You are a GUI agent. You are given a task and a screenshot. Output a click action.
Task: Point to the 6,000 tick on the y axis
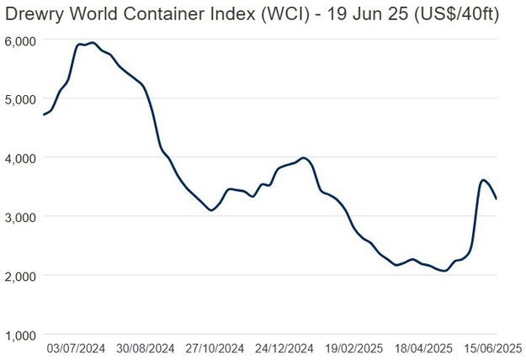[19, 40]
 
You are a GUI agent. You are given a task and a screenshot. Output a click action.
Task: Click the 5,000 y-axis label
[19, 98]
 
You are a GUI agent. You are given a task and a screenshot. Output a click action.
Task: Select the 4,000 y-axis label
[19, 157]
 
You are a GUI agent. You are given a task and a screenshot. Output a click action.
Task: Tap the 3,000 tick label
[19, 216]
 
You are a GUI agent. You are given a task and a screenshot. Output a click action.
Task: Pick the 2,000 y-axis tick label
[19, 275]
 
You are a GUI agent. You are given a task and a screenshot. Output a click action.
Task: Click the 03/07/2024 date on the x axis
[75, 347]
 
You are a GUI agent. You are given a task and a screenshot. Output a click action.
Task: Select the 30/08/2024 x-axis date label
[145, 347]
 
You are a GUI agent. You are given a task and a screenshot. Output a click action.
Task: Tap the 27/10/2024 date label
[215, 347]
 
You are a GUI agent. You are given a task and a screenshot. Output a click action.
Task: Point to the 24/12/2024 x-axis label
[284, 347]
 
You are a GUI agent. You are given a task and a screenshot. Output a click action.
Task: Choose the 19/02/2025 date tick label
[354, 347]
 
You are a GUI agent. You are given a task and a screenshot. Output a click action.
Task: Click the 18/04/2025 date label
[424, 347]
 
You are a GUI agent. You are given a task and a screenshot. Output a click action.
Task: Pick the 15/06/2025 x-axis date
[494, 347]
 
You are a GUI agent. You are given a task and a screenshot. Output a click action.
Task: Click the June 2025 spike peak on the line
[483, 180]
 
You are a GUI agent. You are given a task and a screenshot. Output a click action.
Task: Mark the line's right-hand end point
[497, 199]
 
